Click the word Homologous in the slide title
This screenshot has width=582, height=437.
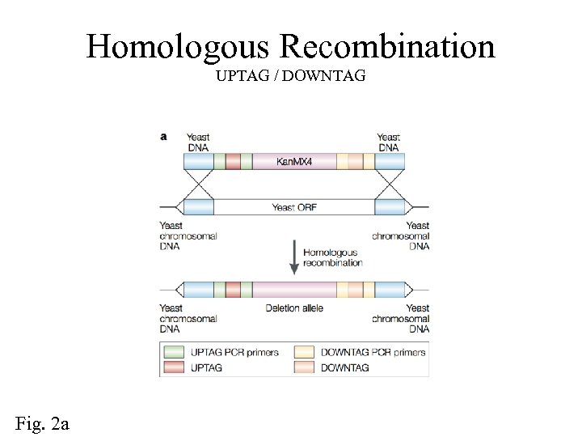179,47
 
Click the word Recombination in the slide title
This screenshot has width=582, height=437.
387,47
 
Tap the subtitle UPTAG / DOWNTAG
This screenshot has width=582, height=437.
291,76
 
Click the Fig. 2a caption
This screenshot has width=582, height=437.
42,422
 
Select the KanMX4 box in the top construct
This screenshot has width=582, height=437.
294,162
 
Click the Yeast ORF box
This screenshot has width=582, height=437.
294,208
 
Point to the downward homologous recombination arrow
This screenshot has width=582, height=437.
293,257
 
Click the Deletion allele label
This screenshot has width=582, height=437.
294,308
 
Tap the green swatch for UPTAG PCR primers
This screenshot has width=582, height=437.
174,352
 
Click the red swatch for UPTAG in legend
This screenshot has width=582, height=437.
174,367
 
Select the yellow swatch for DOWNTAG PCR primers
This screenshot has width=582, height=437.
304,352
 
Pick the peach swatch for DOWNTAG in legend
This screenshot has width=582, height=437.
304,367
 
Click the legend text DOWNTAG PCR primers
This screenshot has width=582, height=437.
373,352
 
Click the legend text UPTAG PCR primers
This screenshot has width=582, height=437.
234,352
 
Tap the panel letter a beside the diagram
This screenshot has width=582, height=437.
164,137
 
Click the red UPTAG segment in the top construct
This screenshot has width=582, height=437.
233,162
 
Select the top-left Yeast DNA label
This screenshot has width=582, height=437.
198,142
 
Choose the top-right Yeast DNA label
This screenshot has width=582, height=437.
389,142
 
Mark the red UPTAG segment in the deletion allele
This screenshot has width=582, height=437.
233,290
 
